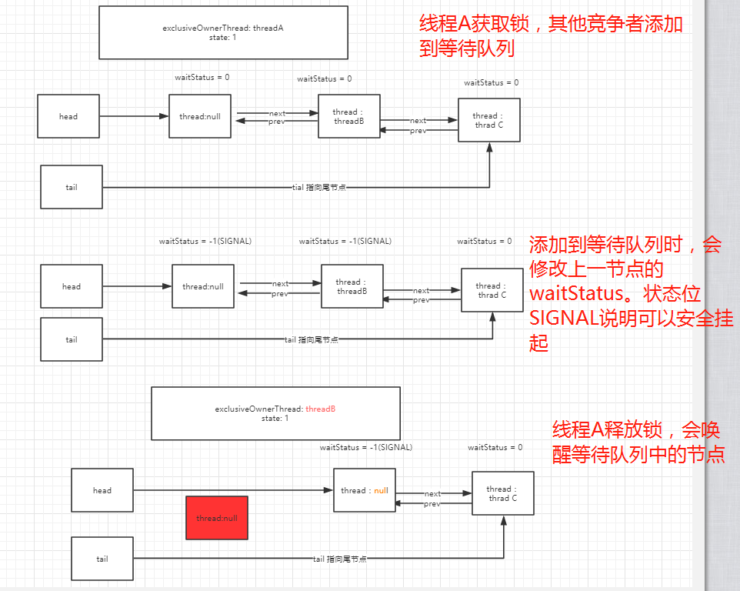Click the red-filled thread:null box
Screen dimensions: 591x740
point(217,518)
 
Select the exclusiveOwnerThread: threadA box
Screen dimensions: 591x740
point(223,32)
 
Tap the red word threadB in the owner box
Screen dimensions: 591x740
point(321,409)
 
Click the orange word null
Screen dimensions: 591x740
point(381,490)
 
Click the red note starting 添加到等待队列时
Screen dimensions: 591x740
point(631,294)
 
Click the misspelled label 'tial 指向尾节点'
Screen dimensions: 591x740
point(318,187)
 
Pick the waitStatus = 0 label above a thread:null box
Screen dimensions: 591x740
point(202,77)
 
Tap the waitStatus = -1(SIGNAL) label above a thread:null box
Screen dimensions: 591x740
point(205,241)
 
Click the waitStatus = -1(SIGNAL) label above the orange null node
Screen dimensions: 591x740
point(366,447)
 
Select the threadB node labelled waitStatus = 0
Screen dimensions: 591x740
point(348,116)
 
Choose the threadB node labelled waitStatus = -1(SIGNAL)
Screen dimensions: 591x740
point(352,286)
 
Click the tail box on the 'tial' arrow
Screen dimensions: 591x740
point(72,187)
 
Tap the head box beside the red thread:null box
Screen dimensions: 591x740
point(102,490)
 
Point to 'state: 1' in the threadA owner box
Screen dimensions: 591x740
point(223,37)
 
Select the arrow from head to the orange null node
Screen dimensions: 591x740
point(231,490)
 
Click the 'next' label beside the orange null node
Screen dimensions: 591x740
point(433,494)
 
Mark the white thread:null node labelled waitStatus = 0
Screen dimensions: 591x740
point(200,116)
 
